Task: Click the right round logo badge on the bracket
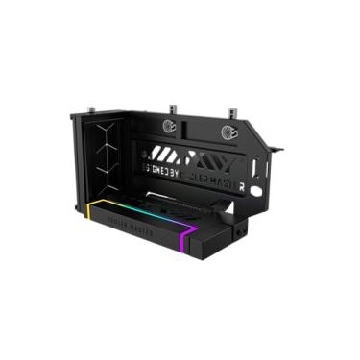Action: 230,133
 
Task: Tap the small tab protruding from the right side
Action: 277,150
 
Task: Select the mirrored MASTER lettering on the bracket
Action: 216,178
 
